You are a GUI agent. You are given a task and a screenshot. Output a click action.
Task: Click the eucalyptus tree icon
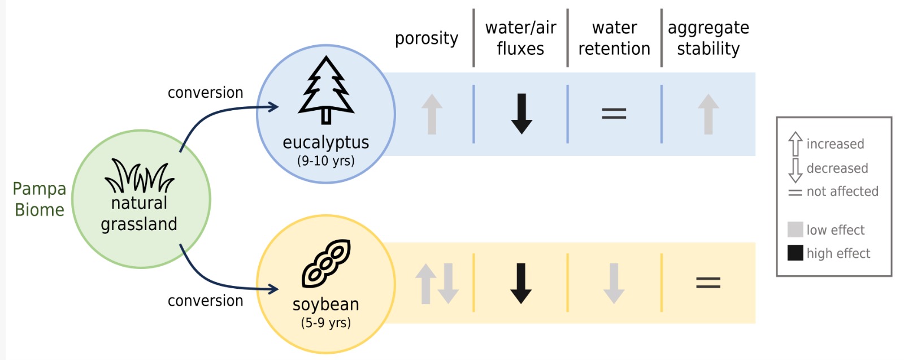326,90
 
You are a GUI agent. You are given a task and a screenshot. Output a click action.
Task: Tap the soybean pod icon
326,263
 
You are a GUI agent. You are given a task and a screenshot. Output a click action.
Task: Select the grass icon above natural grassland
139,176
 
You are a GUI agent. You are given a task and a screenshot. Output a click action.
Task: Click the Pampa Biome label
40,199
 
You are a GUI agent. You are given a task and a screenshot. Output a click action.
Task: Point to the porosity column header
426,38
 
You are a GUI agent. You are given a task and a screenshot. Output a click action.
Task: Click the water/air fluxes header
520,38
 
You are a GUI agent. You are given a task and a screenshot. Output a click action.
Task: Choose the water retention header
614,38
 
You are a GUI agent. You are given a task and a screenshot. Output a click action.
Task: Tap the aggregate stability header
708,38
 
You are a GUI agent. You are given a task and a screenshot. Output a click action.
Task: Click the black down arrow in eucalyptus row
521,114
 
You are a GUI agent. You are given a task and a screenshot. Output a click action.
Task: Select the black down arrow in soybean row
521,283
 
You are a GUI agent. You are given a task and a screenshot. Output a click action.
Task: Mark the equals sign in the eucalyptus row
614,114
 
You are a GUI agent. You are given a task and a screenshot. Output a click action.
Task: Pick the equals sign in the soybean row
708,282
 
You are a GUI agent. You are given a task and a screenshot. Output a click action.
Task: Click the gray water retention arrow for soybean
614,283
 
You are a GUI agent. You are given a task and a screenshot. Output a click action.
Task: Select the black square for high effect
795,253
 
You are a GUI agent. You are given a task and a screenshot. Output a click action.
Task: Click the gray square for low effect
795,229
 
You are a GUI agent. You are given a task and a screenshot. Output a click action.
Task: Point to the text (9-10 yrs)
326,161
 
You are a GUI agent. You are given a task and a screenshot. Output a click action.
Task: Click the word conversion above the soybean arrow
205,301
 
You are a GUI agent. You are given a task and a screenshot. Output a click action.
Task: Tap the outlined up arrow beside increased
795,144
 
